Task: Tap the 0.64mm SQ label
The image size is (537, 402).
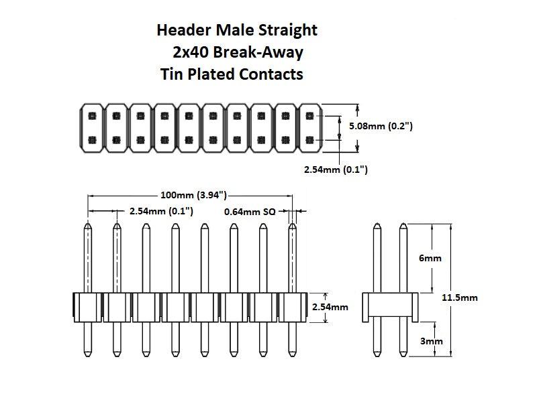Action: tap(250, 211)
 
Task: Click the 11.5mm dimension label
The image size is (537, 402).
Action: tap(460, 297)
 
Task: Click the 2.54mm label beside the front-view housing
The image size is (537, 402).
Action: tap(330, 307)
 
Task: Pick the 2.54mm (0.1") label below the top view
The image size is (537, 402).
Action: tap(336, 170)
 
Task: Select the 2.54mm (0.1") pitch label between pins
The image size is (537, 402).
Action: tap(161, 211)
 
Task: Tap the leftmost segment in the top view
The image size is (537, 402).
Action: tap(91, 127)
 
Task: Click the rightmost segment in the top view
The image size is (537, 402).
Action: tap(309, 127)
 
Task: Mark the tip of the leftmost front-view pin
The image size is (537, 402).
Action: tap(88, 226)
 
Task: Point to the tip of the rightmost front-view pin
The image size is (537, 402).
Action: tap(293, 226)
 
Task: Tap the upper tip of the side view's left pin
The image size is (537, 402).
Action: tap(375, 226)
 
